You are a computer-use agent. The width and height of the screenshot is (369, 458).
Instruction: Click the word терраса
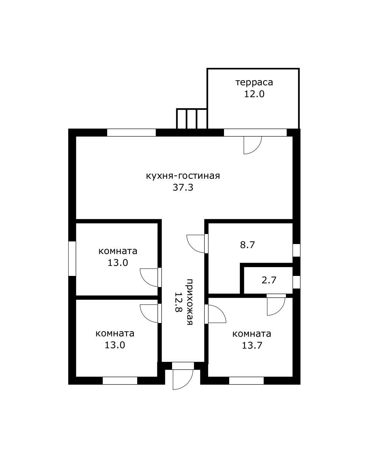click(254, 82)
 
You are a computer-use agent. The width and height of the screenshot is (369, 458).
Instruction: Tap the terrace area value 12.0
click(254, 94)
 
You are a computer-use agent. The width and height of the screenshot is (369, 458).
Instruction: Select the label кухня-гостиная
click(183, 176)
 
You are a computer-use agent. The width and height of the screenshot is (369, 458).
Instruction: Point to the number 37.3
click(183, 188)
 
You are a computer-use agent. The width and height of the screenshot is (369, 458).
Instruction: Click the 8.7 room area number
click(247, 245)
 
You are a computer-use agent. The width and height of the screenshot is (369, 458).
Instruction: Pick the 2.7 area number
click(269, 280)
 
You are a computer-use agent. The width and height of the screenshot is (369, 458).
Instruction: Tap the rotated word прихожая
click(190, 302)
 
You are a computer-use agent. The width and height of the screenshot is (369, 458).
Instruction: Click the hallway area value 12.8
click(178, 302)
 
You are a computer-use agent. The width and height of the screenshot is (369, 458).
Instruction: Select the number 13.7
click(252, 345)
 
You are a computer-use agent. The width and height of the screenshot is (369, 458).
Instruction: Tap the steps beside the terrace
click(192, 119)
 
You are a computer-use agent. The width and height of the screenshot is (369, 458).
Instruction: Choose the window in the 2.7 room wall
click(296, 282)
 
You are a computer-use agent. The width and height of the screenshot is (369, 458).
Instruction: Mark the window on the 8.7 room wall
click(296, 250)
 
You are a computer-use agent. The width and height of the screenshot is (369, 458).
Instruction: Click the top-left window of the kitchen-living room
click(132, 133)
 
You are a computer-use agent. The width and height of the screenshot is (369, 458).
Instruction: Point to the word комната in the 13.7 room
click(252, 334)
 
